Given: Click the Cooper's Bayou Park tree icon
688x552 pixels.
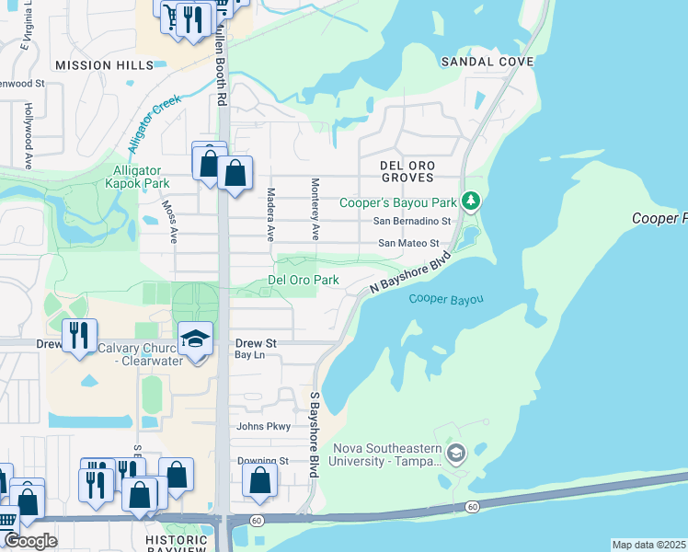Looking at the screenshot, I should pyautogui.click(x=470, y=200).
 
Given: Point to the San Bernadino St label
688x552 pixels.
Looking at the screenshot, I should pyautogui.click(x=412, y=222).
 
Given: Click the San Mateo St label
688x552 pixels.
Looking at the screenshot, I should pyautogui.click(x=408, y=244).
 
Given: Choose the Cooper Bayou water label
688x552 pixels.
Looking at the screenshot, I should pyautogui.click(x=446, y=299).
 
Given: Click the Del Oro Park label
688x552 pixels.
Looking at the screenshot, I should pyautogui.click(x=303, y=280).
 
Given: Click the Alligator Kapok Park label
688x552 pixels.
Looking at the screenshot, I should pyautogui.click(x=137, y=178).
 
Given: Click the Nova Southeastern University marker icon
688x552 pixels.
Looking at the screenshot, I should pyautogui.click(x=455, y=453).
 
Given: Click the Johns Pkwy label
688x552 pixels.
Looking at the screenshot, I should pyautogui.click(x=263, y=426).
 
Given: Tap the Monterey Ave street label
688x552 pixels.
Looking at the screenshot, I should pyautogui.click(x=315, y=209).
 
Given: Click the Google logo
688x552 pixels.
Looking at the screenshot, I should pyautogui.click(x=30, y=541).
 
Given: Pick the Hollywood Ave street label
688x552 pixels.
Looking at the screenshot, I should pyautogui.click(x=29, y=136).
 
